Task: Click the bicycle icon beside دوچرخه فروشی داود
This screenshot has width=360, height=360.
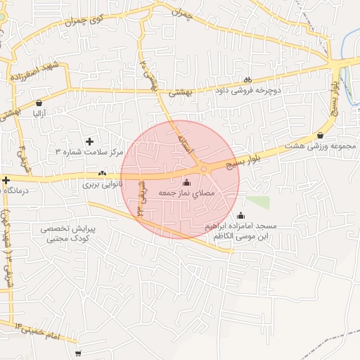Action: (x=247, y=79)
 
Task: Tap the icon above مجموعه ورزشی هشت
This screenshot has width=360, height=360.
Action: (x=321, y=135)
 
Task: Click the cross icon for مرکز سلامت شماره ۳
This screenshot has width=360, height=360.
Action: (x=89, y=142)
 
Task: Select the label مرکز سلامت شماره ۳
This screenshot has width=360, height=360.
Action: (x=89, y=152)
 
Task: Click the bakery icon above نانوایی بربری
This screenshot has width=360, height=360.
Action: (x=103, y=174)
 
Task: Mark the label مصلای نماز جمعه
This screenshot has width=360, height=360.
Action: (x=186, y=193)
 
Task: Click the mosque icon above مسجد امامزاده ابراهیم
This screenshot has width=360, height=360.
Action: (x=241, y=216)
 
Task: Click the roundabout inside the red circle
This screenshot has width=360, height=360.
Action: (x=203, y=169)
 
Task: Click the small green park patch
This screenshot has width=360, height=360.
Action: (x=257, y=202)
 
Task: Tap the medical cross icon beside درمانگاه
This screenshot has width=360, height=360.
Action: (x=6, y=181)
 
